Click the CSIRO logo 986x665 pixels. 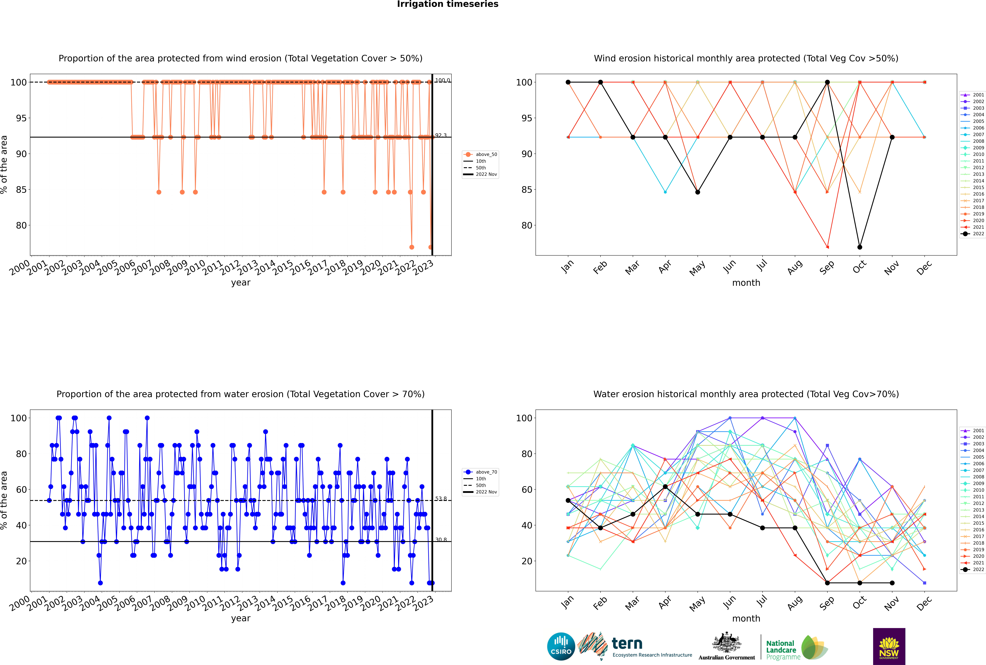tap(561, 646)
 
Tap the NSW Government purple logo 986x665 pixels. tap(889, 646)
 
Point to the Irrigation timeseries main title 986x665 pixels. tap(448, 4)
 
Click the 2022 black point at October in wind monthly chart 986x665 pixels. tap(860, 247)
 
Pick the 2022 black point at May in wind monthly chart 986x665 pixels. tap(698, 192)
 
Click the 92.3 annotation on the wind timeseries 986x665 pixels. tap(441, 135)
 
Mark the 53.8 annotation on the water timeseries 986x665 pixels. tap(441, 499)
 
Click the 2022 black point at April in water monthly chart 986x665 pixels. tap(665, 487)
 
